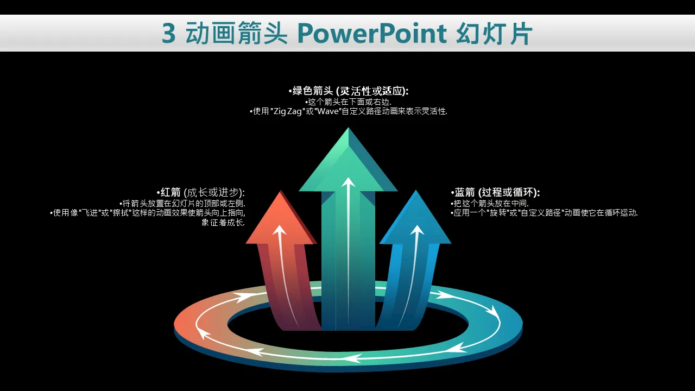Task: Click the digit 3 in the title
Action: (x=169, y=33)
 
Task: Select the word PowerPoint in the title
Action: (x=372, y=34)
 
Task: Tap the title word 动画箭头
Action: (x=236, y=33)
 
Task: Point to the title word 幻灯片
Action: (x=494, y=33)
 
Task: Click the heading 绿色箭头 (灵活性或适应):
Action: (x=349, y=91)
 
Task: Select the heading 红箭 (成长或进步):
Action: (x=201, y=192)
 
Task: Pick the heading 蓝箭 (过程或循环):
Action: (x=496, y=192)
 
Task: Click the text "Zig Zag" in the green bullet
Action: (x=287, y=111)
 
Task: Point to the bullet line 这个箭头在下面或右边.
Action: (x=348, y=102)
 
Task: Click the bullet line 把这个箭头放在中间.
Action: (x=490, y=204)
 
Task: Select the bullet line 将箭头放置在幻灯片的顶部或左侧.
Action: (x=182, y=204)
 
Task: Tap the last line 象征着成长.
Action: (x=223, y=223)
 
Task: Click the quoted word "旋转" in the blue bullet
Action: (x=498, y=213)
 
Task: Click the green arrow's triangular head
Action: (x=348, y=160)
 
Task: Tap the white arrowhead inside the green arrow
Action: (x=348, y=182)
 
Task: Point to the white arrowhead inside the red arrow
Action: (x=280, y=230)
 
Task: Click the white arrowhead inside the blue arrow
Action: (x=417, y=230)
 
